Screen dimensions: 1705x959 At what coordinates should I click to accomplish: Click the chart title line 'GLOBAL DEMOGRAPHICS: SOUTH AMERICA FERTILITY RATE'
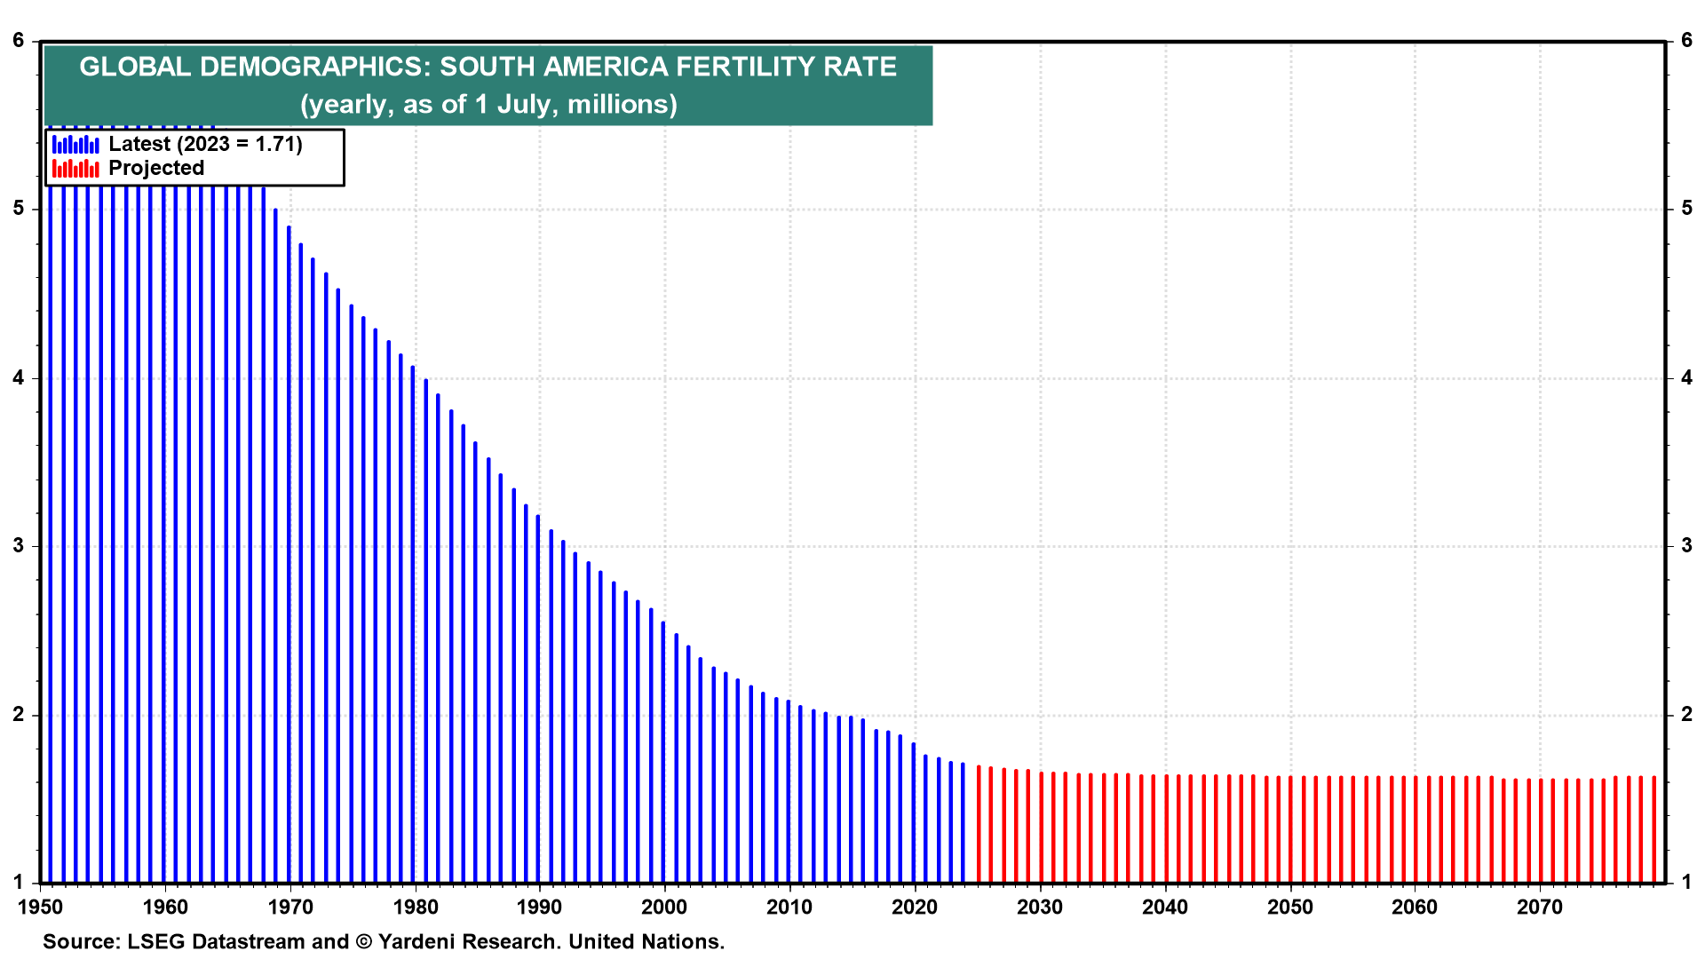click(x=488, y=67)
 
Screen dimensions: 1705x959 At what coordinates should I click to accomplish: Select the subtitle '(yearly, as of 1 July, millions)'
click(x=488, y=104)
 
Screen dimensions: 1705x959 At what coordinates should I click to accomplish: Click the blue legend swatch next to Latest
click(x=75, y=144)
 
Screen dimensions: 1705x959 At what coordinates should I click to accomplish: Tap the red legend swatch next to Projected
click(x=75, y=168)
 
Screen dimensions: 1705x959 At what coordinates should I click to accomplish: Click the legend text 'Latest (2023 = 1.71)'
click(x=205, y=144)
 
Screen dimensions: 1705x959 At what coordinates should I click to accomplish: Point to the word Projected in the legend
click(x=156, y=168)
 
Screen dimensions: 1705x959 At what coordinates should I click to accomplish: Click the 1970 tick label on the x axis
click(x=290, y=907)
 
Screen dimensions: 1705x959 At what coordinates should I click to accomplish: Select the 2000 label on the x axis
click(x=664, y=907)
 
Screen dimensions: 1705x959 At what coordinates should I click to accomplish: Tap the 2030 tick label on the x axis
click(x=1040, y=907)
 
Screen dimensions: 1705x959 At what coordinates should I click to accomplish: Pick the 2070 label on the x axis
click(x=1539, y=907)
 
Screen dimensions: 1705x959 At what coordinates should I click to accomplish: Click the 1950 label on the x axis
click(x=41, y=907)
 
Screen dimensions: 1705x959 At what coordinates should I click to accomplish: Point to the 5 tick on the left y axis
click(x=19, y=209)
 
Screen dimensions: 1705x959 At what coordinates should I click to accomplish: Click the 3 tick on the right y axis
click(x=1687, y=545)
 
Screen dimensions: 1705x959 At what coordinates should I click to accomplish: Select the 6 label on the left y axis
click(x=19, y=41)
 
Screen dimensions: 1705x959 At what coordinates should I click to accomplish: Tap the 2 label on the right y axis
click(x=1687, y=715)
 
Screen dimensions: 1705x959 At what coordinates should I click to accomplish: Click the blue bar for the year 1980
click(x=414, y=624)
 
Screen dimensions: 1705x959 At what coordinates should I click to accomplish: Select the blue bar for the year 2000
click(x=663, y=752)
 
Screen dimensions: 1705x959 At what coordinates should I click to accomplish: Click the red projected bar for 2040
click(x=1166, y=829)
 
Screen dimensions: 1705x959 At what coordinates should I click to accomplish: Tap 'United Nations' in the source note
click(x=646, y=941)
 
